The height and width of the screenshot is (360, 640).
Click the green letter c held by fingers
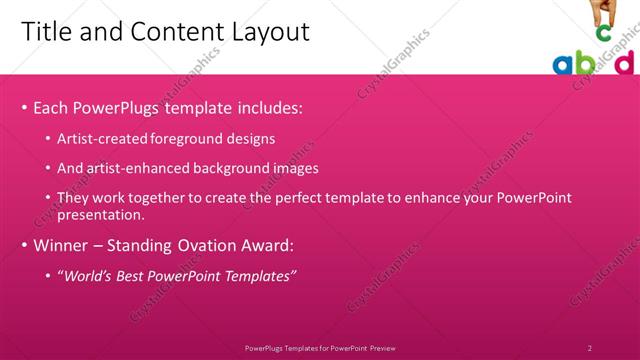603,33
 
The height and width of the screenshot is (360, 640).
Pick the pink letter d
624,63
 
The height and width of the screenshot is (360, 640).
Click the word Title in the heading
45,32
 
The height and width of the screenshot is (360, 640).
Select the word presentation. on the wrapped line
102,214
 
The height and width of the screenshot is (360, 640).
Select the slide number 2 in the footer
590,348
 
